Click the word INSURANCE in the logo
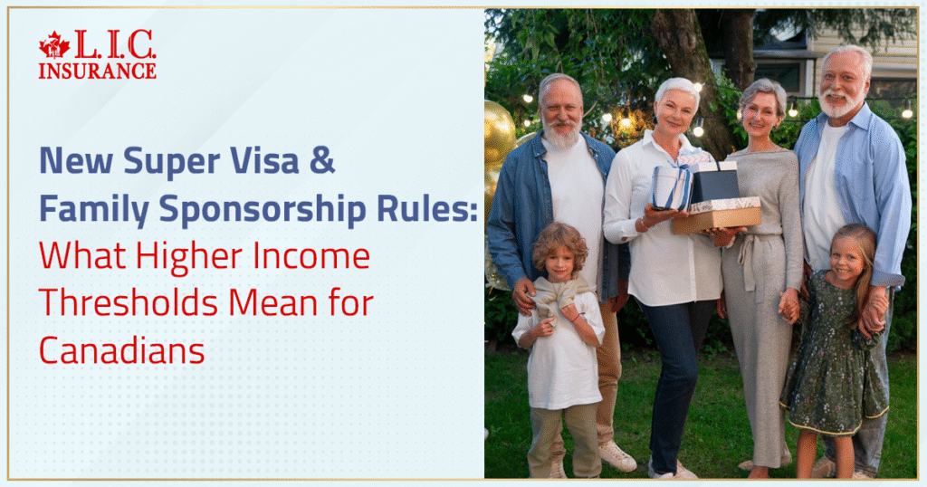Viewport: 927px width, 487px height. coord(97,71)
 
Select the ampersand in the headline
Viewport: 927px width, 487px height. coord(322,162)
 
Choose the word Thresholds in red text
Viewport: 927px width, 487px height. coord(123,303)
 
